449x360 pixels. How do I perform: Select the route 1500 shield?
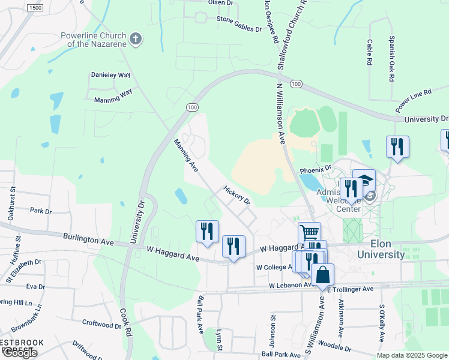[x=35, y=8]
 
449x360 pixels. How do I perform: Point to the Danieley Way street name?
[x=110, y=76]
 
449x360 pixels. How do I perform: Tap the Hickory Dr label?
[x=236, y=194]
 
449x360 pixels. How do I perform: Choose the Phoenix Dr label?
[x=315, y=169]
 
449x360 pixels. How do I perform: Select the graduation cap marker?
[x=364, y=179]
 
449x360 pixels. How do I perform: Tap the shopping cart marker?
[x=309, y=232]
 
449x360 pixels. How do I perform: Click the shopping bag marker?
[x=322, y=275]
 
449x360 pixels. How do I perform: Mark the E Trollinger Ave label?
[x=352, y=289]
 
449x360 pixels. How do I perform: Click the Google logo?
[x=19, y=353]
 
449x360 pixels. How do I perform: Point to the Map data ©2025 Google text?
[x=411, y=355]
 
